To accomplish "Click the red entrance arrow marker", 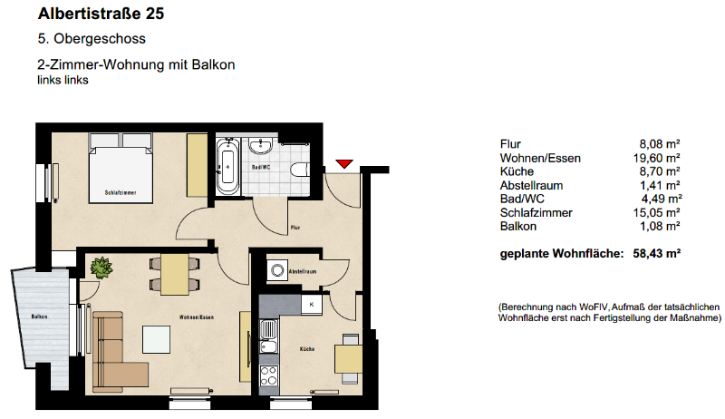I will pos(343,163).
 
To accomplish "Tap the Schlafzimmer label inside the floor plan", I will pos(121,193).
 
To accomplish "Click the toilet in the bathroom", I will pos(300,169).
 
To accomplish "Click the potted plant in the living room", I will pos(101,268).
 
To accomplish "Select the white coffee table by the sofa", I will pos(160,338).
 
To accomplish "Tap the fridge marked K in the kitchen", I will pos(312,305).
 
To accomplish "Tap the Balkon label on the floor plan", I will pos(39,316).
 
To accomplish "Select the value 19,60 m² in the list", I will pos(660,158).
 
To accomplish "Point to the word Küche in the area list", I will pos(517,171).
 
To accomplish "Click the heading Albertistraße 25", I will pos(101,15).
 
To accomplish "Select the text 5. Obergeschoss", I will pos(92,40).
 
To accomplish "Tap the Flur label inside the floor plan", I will pos(295,228).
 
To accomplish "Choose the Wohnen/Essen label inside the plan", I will pos(197,317).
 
